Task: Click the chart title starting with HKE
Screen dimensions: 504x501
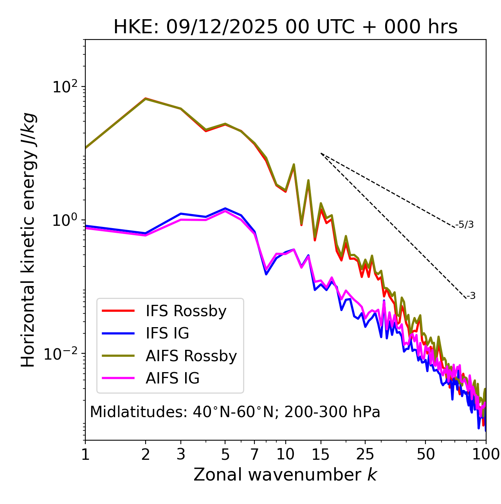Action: pos(285,27)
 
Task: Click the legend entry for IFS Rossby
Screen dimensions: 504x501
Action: pos(186,311)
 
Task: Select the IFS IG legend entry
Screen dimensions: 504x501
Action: pos(167,333)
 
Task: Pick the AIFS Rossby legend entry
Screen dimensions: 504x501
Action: pos(191,356)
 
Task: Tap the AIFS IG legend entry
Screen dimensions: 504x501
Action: pos(172,378)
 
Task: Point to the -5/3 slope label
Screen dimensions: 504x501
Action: pos(465,225)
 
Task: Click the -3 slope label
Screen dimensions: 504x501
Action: pos(471,296)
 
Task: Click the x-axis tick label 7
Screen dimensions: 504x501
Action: pos(254,454)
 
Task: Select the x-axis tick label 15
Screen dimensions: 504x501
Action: pos(321,454)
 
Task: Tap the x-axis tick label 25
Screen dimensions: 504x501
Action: pos(365,454)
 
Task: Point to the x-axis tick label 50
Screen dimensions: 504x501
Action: pos(425,454)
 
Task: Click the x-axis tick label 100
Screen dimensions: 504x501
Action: pos(485,454)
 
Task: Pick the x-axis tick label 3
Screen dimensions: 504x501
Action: pos(181,454)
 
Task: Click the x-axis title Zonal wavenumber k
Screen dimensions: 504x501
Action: pos(285,475)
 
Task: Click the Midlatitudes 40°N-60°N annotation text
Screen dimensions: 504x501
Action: pos(235,412)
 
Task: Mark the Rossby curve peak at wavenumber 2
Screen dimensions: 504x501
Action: pos(146,99)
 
